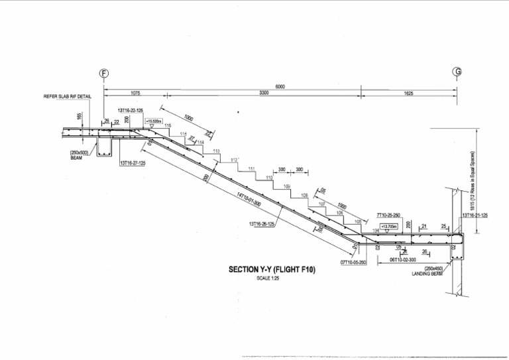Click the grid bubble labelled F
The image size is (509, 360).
click(x=103, y=72)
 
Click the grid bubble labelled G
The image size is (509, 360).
click(x=457, y=72)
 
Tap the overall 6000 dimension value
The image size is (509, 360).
click(x=282, y=87)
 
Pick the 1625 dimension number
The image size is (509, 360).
click(x=408, y=94)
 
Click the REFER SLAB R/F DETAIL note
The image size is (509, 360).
click(x=68, y=97)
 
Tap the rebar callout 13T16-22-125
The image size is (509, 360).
click(x=131, y=111)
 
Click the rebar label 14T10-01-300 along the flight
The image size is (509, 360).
click(x=249, y=200)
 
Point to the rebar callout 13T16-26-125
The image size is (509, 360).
click(x=262, y=224)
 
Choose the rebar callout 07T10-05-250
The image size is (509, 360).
click(x=354, y=263)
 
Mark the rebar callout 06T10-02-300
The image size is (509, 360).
click(x=402, y=259)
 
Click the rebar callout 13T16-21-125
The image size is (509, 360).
click(x=475, y=215)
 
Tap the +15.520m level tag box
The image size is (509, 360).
click(x=153, y=121)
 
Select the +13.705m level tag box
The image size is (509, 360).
click(x=388, y=226)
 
